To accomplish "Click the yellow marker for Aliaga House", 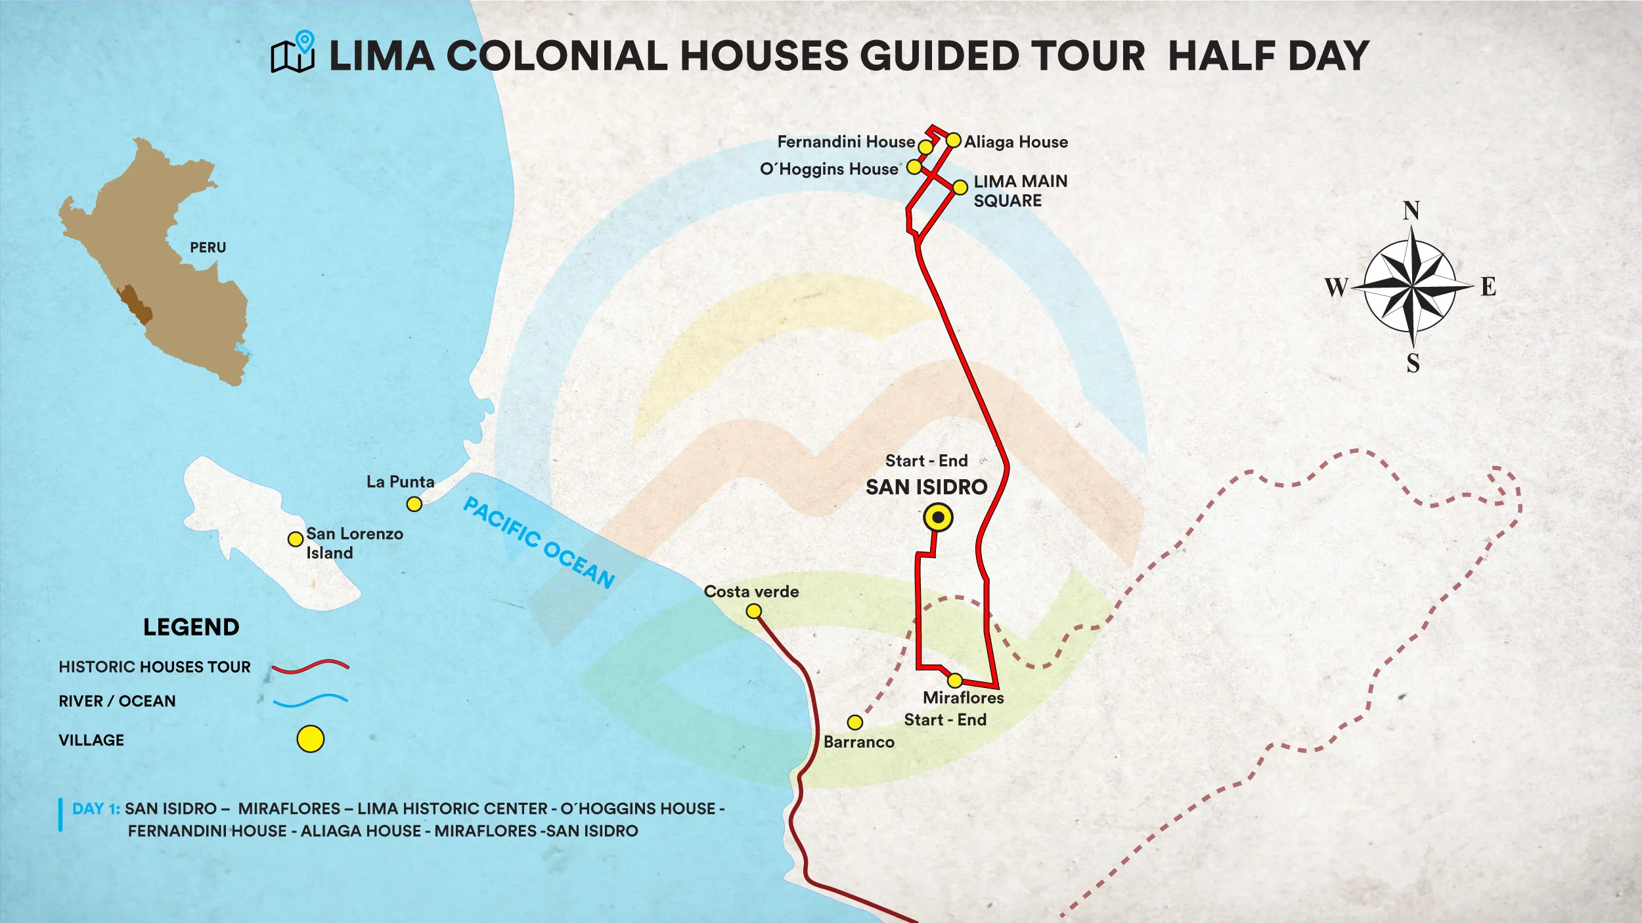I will coord(953,140).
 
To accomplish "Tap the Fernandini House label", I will coord(846,142).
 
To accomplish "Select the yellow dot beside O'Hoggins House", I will coord(914,167).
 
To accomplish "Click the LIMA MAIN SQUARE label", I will coord(1020,191).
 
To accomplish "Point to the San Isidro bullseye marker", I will coord(938,518).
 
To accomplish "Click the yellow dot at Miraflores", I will coord(955,680).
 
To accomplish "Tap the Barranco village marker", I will coord(854,723).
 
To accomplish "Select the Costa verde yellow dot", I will coord(754,612).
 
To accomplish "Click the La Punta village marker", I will coord(414,504).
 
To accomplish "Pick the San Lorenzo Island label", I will coord(354,543).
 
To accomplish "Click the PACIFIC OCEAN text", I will coord(539,542).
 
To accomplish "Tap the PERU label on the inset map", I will coord(208,247).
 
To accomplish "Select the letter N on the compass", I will coord(1411,211).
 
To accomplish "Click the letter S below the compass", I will coord(1413,364).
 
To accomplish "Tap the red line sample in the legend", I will coord(310,667).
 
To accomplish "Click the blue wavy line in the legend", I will coord(310,701).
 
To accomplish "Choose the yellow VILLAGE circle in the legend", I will coord(310,739).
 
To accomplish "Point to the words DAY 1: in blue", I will coord(96,809).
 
